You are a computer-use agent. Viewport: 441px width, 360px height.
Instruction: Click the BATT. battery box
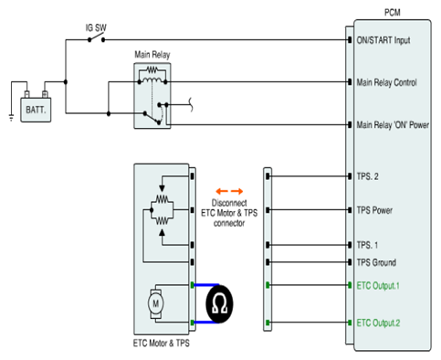click(x=36, y=110)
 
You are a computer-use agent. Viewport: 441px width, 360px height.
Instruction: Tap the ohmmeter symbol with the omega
click(x=219, y=304)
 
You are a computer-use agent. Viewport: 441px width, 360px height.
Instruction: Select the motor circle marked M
click(x=155, y=303)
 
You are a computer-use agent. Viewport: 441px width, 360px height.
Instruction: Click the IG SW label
click(x=96, y=27)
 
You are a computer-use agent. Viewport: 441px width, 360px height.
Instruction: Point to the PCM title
click(x=393, y=13)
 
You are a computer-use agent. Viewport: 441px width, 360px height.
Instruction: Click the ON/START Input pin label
click(x=383, y=40)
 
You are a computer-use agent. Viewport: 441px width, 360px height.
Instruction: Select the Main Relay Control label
click(x=386, y=82)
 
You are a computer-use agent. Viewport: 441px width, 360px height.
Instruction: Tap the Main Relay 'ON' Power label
click(x=393, y=125)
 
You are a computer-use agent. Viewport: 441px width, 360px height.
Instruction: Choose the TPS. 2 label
click(x=367, y=176)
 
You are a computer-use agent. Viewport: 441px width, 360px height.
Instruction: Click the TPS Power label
click(x=374, y=210)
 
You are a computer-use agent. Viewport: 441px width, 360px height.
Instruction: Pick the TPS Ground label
click(x=376, y=262)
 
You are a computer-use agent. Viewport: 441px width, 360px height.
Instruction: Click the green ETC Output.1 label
click(x=378, y=286)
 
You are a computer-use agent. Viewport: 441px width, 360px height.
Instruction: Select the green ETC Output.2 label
click(x=378, y=323)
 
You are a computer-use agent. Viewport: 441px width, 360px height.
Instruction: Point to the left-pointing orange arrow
click(x=222, y=191)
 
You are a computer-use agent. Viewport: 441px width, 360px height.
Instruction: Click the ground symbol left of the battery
click(x=11, y=117)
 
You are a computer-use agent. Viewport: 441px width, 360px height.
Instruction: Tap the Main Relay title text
click(x=152, y=55)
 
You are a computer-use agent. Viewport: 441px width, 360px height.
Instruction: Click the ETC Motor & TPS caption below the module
click(x=162, y=344)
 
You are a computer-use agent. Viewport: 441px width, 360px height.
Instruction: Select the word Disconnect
click(x=229, y=203)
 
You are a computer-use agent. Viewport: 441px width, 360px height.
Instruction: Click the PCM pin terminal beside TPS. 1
click(x=350, y=245)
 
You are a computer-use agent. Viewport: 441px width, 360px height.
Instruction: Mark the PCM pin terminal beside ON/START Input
click(x=350, y=40)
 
